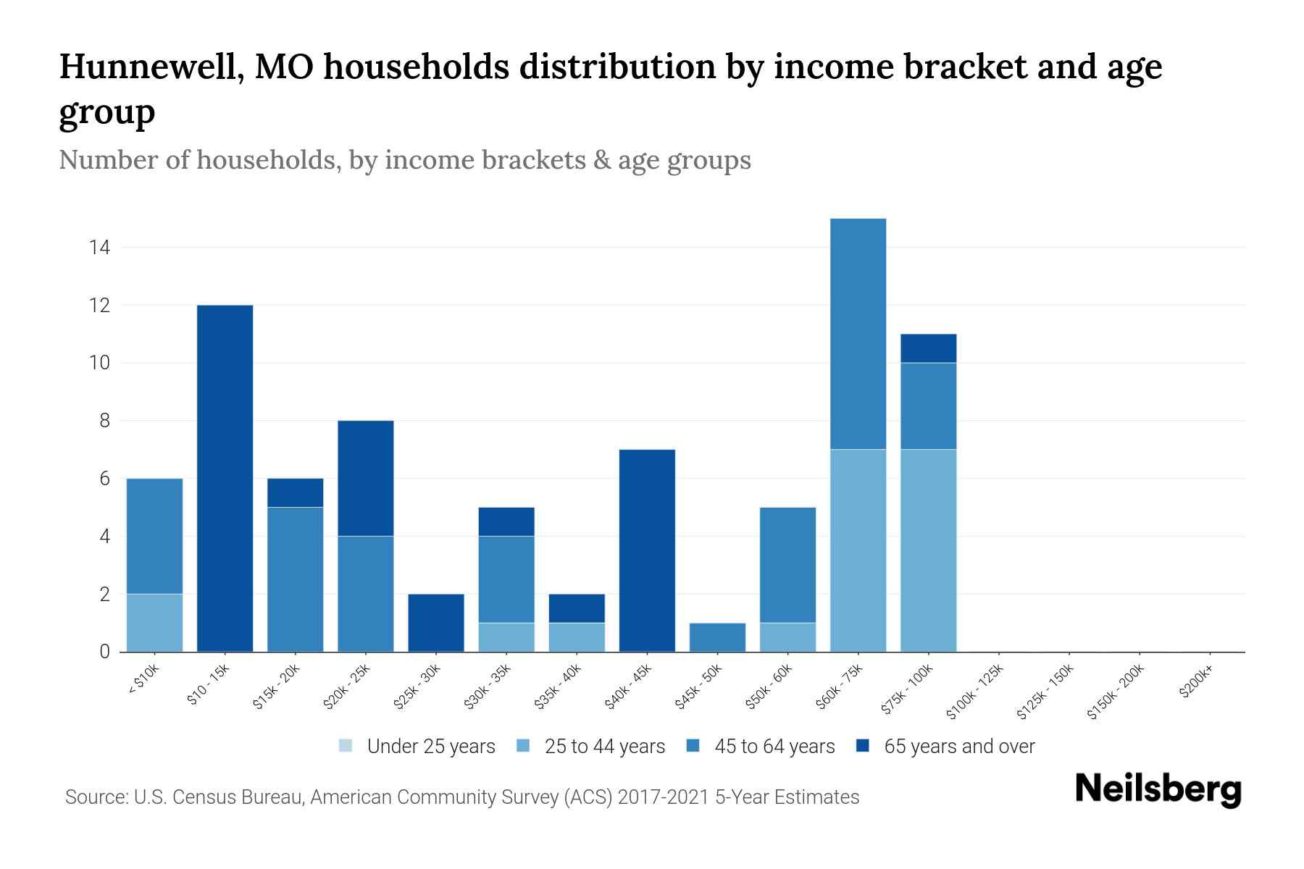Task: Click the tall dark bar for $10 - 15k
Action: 225,478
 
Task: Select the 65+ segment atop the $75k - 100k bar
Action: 928,348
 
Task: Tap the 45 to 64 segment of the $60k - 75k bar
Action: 858,334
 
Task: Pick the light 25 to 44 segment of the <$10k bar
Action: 154,623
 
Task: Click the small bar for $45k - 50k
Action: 717,637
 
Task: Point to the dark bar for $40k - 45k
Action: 647,550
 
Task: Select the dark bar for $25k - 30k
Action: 436,623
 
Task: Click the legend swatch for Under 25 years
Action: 346,746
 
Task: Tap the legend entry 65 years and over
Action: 958,747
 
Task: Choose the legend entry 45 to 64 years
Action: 774,747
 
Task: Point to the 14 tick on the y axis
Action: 99,248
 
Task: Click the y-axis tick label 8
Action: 104,421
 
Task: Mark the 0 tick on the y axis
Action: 104,652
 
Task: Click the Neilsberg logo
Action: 1158,789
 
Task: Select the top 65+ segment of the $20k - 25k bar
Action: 366,478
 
